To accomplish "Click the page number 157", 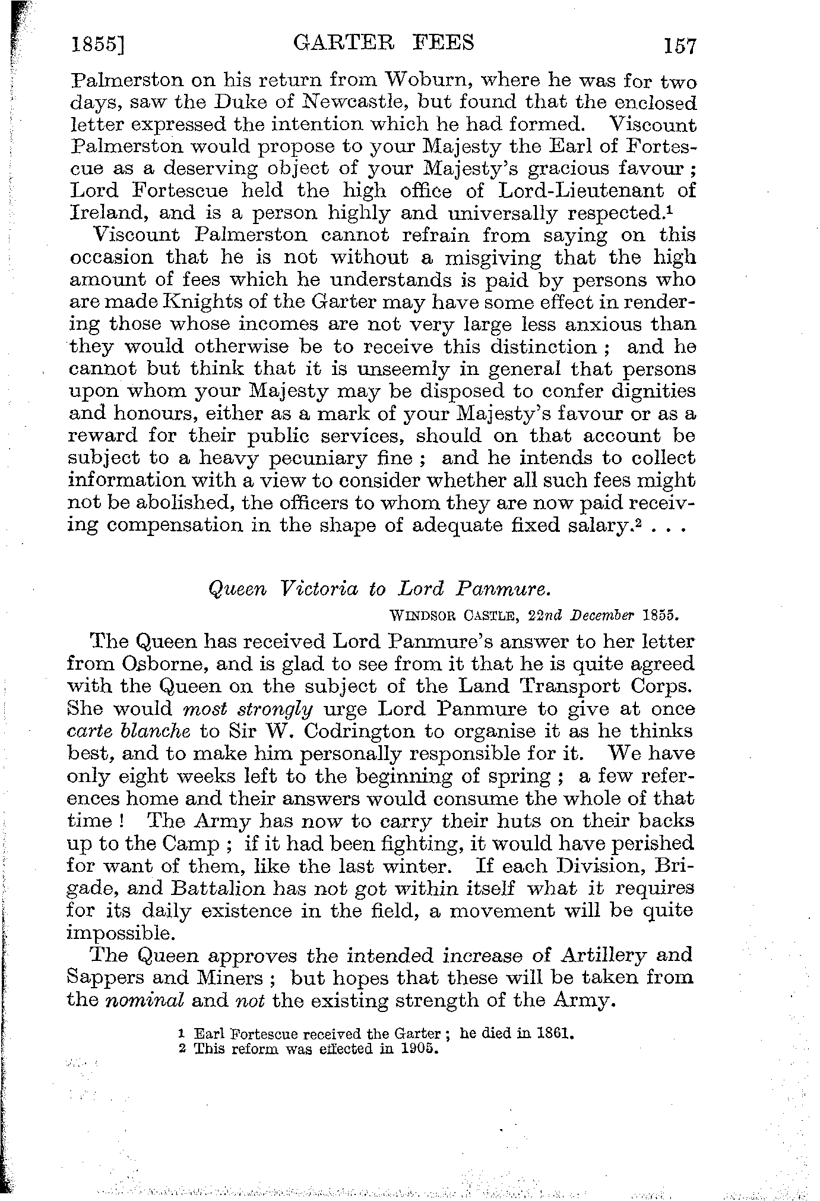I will coord(679,46).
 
